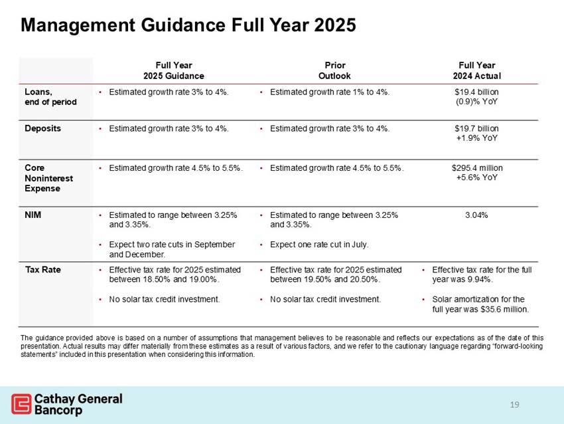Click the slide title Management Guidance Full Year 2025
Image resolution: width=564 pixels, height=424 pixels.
(x=188, y=25)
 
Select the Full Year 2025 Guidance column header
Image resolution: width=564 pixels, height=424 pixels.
(x=174, y=70)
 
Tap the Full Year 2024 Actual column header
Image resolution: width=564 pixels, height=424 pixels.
(x=476, y=70)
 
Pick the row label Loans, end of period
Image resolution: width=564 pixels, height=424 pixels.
(x=50, y=97)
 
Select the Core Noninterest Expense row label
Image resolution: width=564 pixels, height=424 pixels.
(x=49, y=178)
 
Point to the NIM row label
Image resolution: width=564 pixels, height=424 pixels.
(x=34, y=215)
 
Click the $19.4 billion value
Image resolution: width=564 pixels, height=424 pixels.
(x=476, y=92)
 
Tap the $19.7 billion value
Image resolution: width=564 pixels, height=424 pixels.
(x=476, y=128)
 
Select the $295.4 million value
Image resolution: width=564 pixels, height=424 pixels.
(x=476, y=168)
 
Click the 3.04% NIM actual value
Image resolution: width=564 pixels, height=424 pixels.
(x=476, y=215)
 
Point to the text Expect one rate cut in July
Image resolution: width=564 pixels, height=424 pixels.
(x=319, y=245)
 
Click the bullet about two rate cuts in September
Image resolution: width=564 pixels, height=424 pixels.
(x=171, y=249)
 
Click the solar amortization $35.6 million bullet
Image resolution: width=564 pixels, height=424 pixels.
(x=479, y=304)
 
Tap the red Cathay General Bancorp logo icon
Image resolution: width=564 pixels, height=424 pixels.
(x=21, y=404)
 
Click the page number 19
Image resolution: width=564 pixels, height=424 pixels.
(x=515, y=404)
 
